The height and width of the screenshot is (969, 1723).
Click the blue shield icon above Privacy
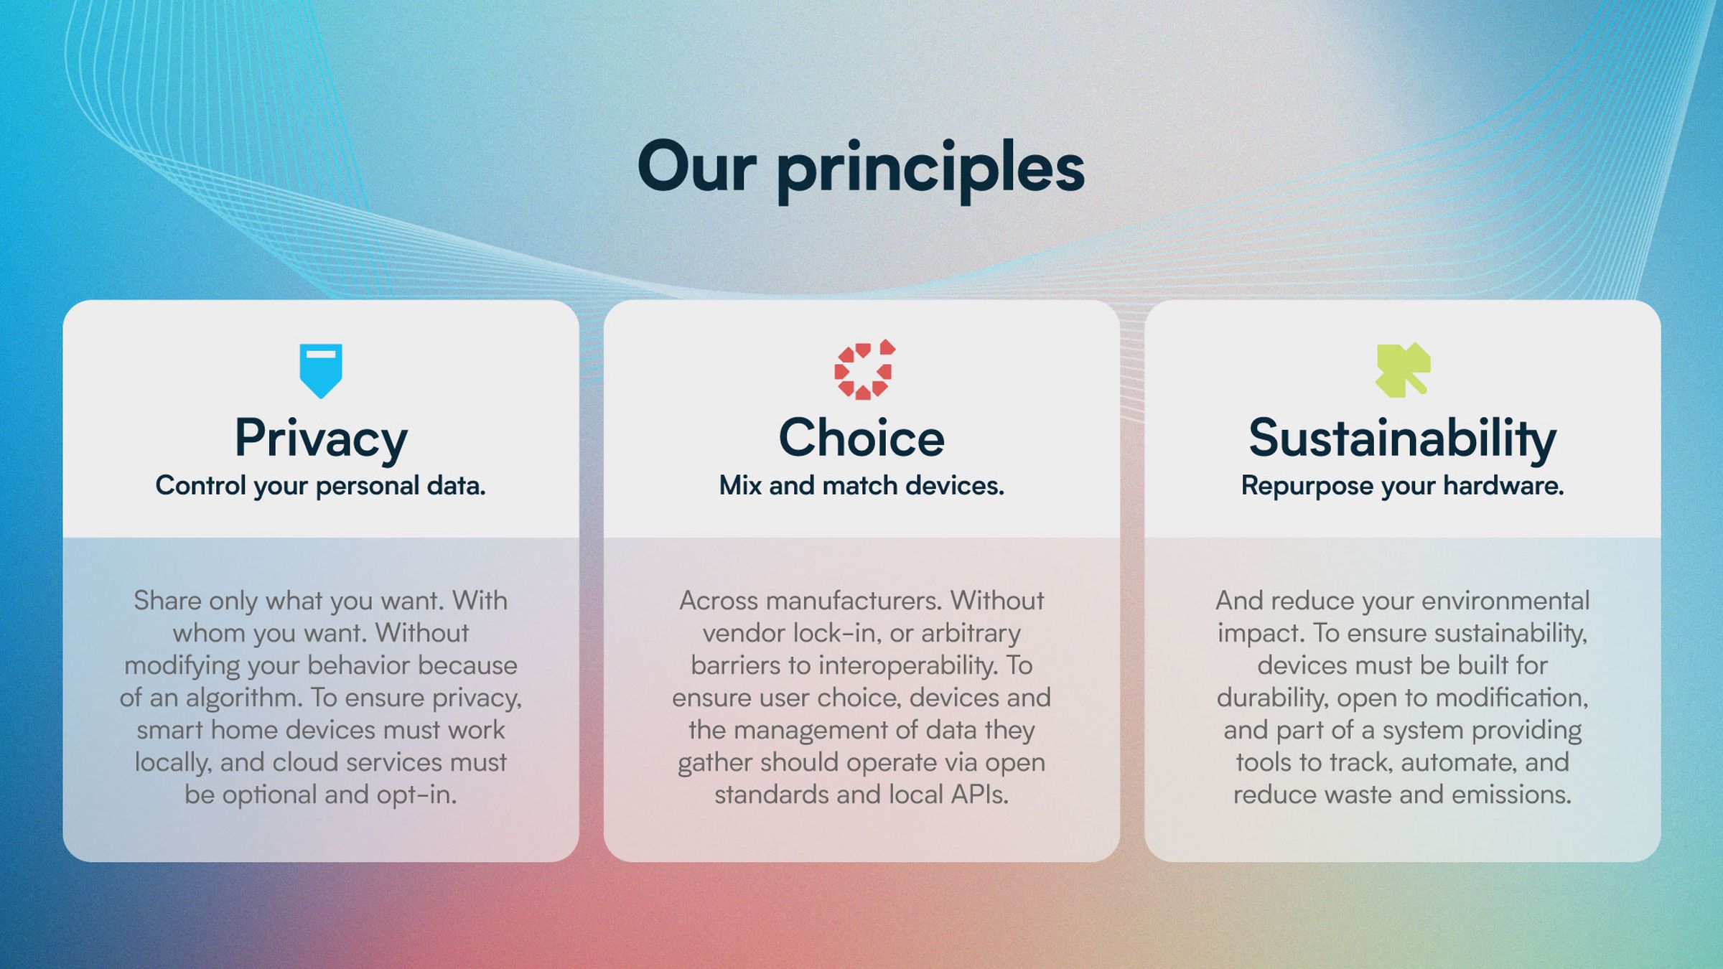tap(321, 370)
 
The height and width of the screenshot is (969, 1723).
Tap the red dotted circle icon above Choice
tap(863, 370)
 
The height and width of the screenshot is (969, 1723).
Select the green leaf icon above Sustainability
tap(1403, 370)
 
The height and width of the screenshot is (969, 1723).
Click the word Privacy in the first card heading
tap(321, 439)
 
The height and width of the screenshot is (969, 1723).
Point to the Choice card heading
tap(861, 437)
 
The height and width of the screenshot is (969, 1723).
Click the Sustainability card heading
tap(1402, 439)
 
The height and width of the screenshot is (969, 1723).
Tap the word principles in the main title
tap(930, 169)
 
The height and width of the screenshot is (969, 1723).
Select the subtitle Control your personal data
tap(321, 486)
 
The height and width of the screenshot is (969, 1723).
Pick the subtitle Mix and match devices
tap(861, 486)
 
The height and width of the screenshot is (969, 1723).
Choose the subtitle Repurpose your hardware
tap(1402, 486)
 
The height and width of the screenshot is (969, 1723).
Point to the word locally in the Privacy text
tap(173, 763)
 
